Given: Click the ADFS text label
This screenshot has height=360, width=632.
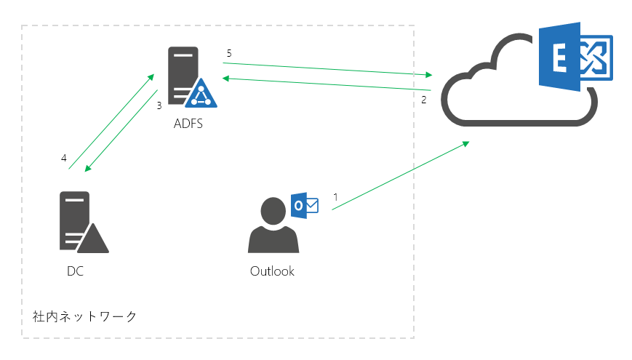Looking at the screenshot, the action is (x=188, y=124).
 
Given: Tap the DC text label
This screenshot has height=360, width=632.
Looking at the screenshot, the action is (x=76, y=271).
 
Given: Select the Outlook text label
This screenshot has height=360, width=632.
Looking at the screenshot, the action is (x=272, y=271).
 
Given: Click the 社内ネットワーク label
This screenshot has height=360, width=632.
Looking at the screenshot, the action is (x=84, y=316).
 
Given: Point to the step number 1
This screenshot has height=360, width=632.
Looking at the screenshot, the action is (x=335, y=197).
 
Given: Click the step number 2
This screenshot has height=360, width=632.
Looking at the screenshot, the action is (x=423, y=100).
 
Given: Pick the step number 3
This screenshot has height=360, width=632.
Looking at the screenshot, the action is (x=159, y=105).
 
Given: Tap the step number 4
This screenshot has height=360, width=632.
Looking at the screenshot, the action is (x=64, y=158).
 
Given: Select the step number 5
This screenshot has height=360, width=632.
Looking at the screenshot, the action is (x=229, y=53).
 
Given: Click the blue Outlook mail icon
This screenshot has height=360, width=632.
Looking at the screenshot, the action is (x=305, y=206).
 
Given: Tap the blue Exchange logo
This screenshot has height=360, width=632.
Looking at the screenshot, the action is (x=576, y=57).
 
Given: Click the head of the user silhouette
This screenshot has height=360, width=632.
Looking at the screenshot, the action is (x=273, y=211).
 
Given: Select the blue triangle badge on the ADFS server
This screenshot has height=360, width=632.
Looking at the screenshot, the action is (x=201, y=93).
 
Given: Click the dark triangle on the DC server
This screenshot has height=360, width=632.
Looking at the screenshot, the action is (x=92, y=239).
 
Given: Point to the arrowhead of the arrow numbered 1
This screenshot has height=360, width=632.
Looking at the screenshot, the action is (x=466, y=143).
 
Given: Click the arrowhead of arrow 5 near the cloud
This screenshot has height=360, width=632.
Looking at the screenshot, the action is (x=428, y=75).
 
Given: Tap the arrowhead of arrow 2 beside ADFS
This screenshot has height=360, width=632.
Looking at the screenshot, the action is (x=226, y=79).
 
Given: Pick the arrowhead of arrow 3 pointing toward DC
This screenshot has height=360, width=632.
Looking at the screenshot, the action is (x=88, y=168).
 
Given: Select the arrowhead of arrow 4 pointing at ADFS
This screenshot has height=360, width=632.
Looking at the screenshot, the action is (x=151, y=76).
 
